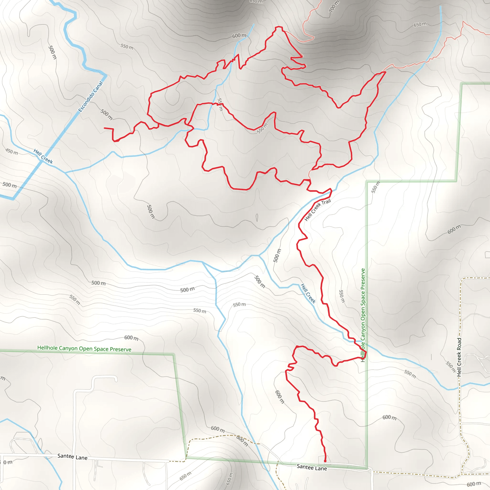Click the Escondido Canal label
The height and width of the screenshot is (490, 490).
point(91,96)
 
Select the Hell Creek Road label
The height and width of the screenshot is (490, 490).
point(459,357)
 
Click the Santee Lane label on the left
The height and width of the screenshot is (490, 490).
point(72,457)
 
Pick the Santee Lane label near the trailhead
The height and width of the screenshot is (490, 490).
point(312,468)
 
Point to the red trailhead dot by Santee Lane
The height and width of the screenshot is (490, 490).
point(325,461)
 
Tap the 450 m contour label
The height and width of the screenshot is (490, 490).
point(12,152)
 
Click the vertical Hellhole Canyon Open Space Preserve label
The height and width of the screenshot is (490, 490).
point(363,315)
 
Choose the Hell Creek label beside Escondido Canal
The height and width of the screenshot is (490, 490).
point(43,156)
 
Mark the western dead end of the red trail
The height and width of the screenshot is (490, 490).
point(105,128)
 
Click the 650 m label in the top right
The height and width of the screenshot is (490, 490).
point(420,24)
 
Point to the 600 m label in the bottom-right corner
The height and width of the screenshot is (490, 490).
point(474,484)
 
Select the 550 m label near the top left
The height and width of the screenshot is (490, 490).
point(127,47)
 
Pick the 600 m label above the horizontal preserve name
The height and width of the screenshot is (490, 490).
point(131,338)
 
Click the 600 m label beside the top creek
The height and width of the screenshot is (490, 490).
point(239,35)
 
